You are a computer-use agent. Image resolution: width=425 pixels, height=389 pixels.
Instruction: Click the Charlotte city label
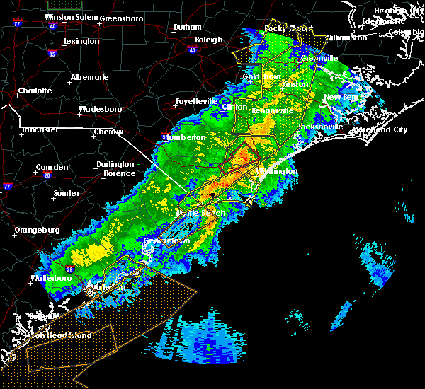[35, 91]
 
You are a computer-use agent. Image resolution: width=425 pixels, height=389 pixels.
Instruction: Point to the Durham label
[188, 28]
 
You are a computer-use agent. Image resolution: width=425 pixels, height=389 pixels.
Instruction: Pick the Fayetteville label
[196, 101]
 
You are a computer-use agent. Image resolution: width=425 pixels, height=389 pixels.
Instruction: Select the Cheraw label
[108, 132]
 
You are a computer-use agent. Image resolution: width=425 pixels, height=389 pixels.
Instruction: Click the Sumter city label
[67, 192]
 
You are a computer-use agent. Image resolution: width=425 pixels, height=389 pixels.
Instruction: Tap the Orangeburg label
[35, 230]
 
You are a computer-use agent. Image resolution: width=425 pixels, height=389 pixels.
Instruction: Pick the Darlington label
[115, 164]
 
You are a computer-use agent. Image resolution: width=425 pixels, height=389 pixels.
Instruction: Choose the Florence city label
[119, 173]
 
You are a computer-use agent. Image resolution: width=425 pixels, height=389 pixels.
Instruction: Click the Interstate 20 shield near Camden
[47, 175]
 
